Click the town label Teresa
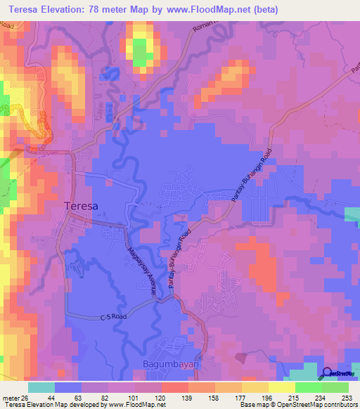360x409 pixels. coord(82,207)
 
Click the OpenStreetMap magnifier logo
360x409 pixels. coord(328,374)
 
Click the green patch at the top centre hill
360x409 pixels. coord(141,53)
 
